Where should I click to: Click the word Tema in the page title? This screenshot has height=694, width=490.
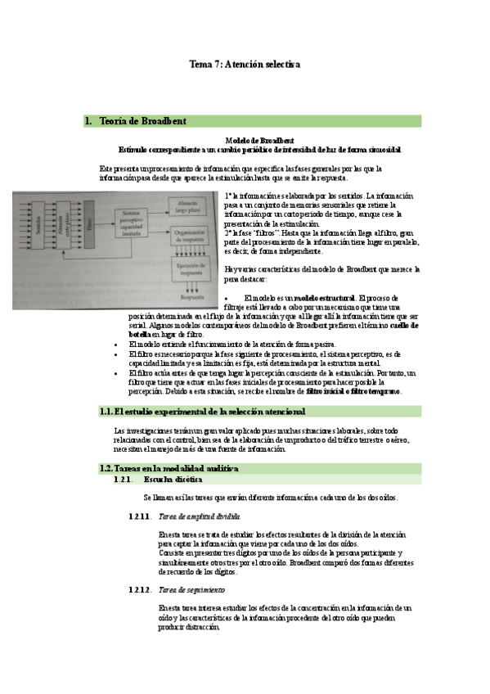coord(200,63)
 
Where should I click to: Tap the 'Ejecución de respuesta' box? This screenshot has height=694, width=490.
coord(193,268)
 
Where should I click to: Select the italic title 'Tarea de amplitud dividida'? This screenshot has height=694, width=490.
coord(200,516)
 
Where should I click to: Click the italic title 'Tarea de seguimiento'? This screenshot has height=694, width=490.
coord(192,589)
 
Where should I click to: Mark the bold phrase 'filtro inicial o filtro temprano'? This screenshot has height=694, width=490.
coord(353,391)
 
